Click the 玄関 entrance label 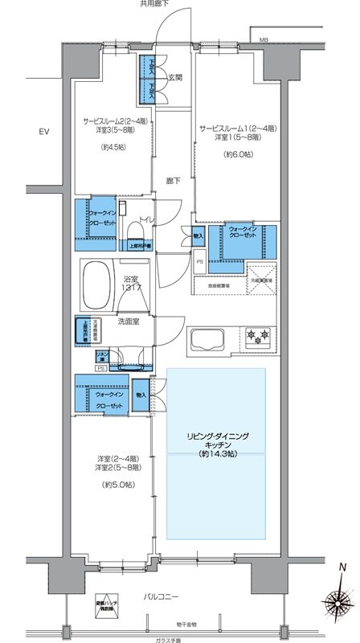click(x=177, y=77)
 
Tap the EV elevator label click(x=44, y=130)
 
